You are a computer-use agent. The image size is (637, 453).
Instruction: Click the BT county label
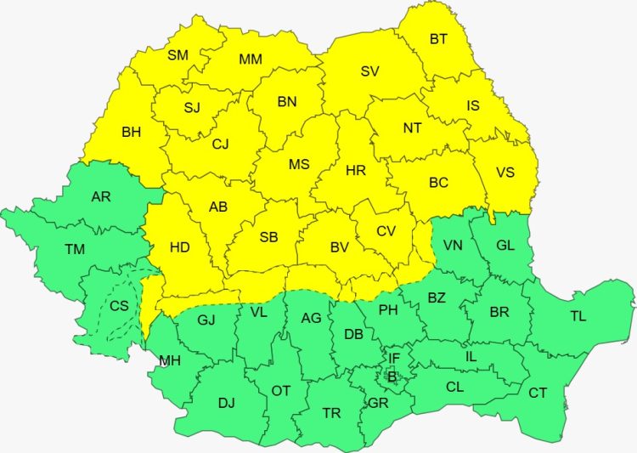point(438,38)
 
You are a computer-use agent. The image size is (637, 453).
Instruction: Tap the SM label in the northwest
point(178,55)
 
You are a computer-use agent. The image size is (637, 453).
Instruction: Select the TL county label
point(578,316)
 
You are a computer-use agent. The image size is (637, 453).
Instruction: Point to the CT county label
point(538,393)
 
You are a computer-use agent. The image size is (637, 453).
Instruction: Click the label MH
point(169,360)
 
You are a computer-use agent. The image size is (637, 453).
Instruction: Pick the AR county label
point(101,197)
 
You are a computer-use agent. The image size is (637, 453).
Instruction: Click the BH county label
point(132,132)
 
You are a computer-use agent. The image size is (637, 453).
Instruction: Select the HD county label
point(179,247)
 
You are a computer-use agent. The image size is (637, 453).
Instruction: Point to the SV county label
point(369,71)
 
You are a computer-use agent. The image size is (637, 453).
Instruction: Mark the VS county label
point(505,173)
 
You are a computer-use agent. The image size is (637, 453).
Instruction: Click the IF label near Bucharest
point(394,359)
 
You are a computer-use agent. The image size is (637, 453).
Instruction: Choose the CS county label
point(120,305)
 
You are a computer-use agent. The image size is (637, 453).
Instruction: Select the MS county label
point(299,164)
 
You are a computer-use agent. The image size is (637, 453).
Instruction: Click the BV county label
point(340,247)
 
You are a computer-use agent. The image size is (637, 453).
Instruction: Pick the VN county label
point(453,246)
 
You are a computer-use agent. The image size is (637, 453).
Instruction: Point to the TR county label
point(331,413)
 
